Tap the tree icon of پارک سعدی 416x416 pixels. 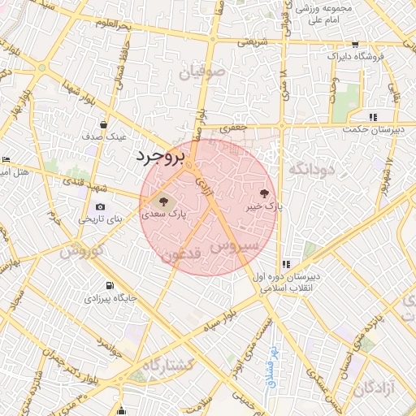pos(162,200)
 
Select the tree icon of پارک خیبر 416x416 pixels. pos(263,193)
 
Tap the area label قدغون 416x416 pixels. pos(180,256)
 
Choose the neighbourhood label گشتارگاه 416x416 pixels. pos(168,366)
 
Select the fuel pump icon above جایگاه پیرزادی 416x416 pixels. pos(109,286)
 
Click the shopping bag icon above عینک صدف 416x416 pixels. pos(104,124)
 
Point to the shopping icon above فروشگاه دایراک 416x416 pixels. pos(355,45)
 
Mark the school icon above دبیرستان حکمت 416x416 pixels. pos(372,117)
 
